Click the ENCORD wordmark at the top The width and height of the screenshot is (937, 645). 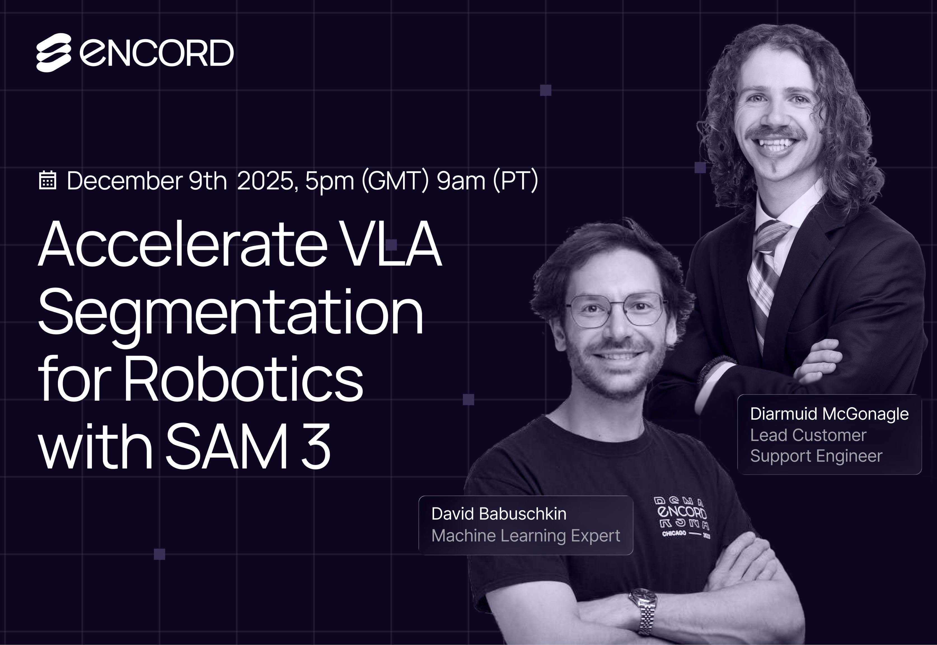pos(157,53)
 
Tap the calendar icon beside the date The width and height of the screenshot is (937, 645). pos(47,181)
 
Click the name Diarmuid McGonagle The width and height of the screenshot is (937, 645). pos(830,414)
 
